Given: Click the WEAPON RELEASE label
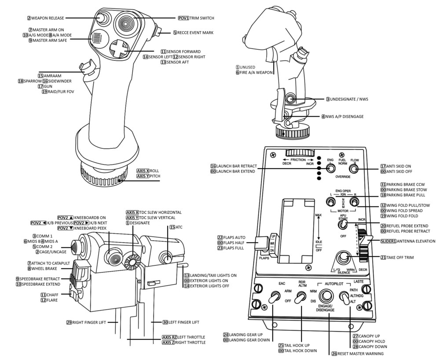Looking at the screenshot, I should [48, 18].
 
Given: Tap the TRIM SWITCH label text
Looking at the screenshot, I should [202, 18].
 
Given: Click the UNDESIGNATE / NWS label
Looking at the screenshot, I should [349, 99].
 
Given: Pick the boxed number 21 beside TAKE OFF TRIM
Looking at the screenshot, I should [383, 257].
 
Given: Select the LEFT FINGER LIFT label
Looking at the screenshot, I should [183, 322].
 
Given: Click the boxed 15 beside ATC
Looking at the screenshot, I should [172, 227].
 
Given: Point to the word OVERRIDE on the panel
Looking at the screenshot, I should [342, 176].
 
